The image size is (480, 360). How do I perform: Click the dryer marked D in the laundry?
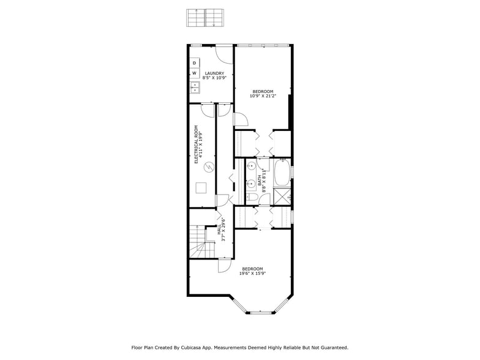click(195, 62)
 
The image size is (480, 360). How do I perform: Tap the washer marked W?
click(195, 73)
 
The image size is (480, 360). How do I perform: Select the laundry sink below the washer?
click(195, 87)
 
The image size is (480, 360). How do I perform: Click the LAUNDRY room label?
click(214, 73)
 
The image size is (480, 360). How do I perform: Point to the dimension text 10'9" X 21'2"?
click(263, 96)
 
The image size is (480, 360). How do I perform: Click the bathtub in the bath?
click(282, 173)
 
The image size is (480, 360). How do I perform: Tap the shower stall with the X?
click(282, 197)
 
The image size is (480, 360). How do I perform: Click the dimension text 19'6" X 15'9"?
click(252, 274)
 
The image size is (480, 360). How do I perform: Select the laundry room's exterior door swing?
click(225, 55)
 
